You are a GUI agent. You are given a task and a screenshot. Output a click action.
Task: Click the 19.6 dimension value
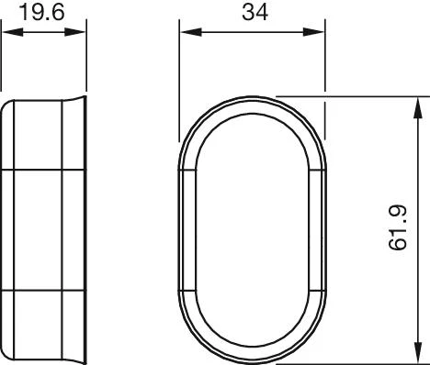pyautogui.click(x=42, y=13)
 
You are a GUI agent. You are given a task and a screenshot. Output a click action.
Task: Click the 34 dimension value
pyautogui.click(x=255, y=13)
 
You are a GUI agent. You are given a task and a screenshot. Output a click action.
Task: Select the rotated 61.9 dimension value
pyautogui.click(x=398, y=227)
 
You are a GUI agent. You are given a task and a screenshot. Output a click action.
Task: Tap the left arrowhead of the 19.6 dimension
pyautogui.click(x=13, y=32)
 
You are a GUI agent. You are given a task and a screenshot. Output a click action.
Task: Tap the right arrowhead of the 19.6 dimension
pyautogui.click(x=74, y=32)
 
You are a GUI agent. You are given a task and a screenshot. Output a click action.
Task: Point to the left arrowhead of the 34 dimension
pyautogui.click(x=191, y=32)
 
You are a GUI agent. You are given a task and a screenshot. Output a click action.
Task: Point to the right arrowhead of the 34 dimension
pyautogui.click(x=313, y=32)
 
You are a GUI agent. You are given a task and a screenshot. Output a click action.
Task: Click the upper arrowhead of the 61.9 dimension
pyautogui.click(x=417, y=108)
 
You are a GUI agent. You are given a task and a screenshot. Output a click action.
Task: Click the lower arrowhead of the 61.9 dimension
pyautogui.click(x=417, y=352)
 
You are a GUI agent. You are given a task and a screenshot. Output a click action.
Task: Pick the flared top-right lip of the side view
pyautogui.click(x=75, y=100)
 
